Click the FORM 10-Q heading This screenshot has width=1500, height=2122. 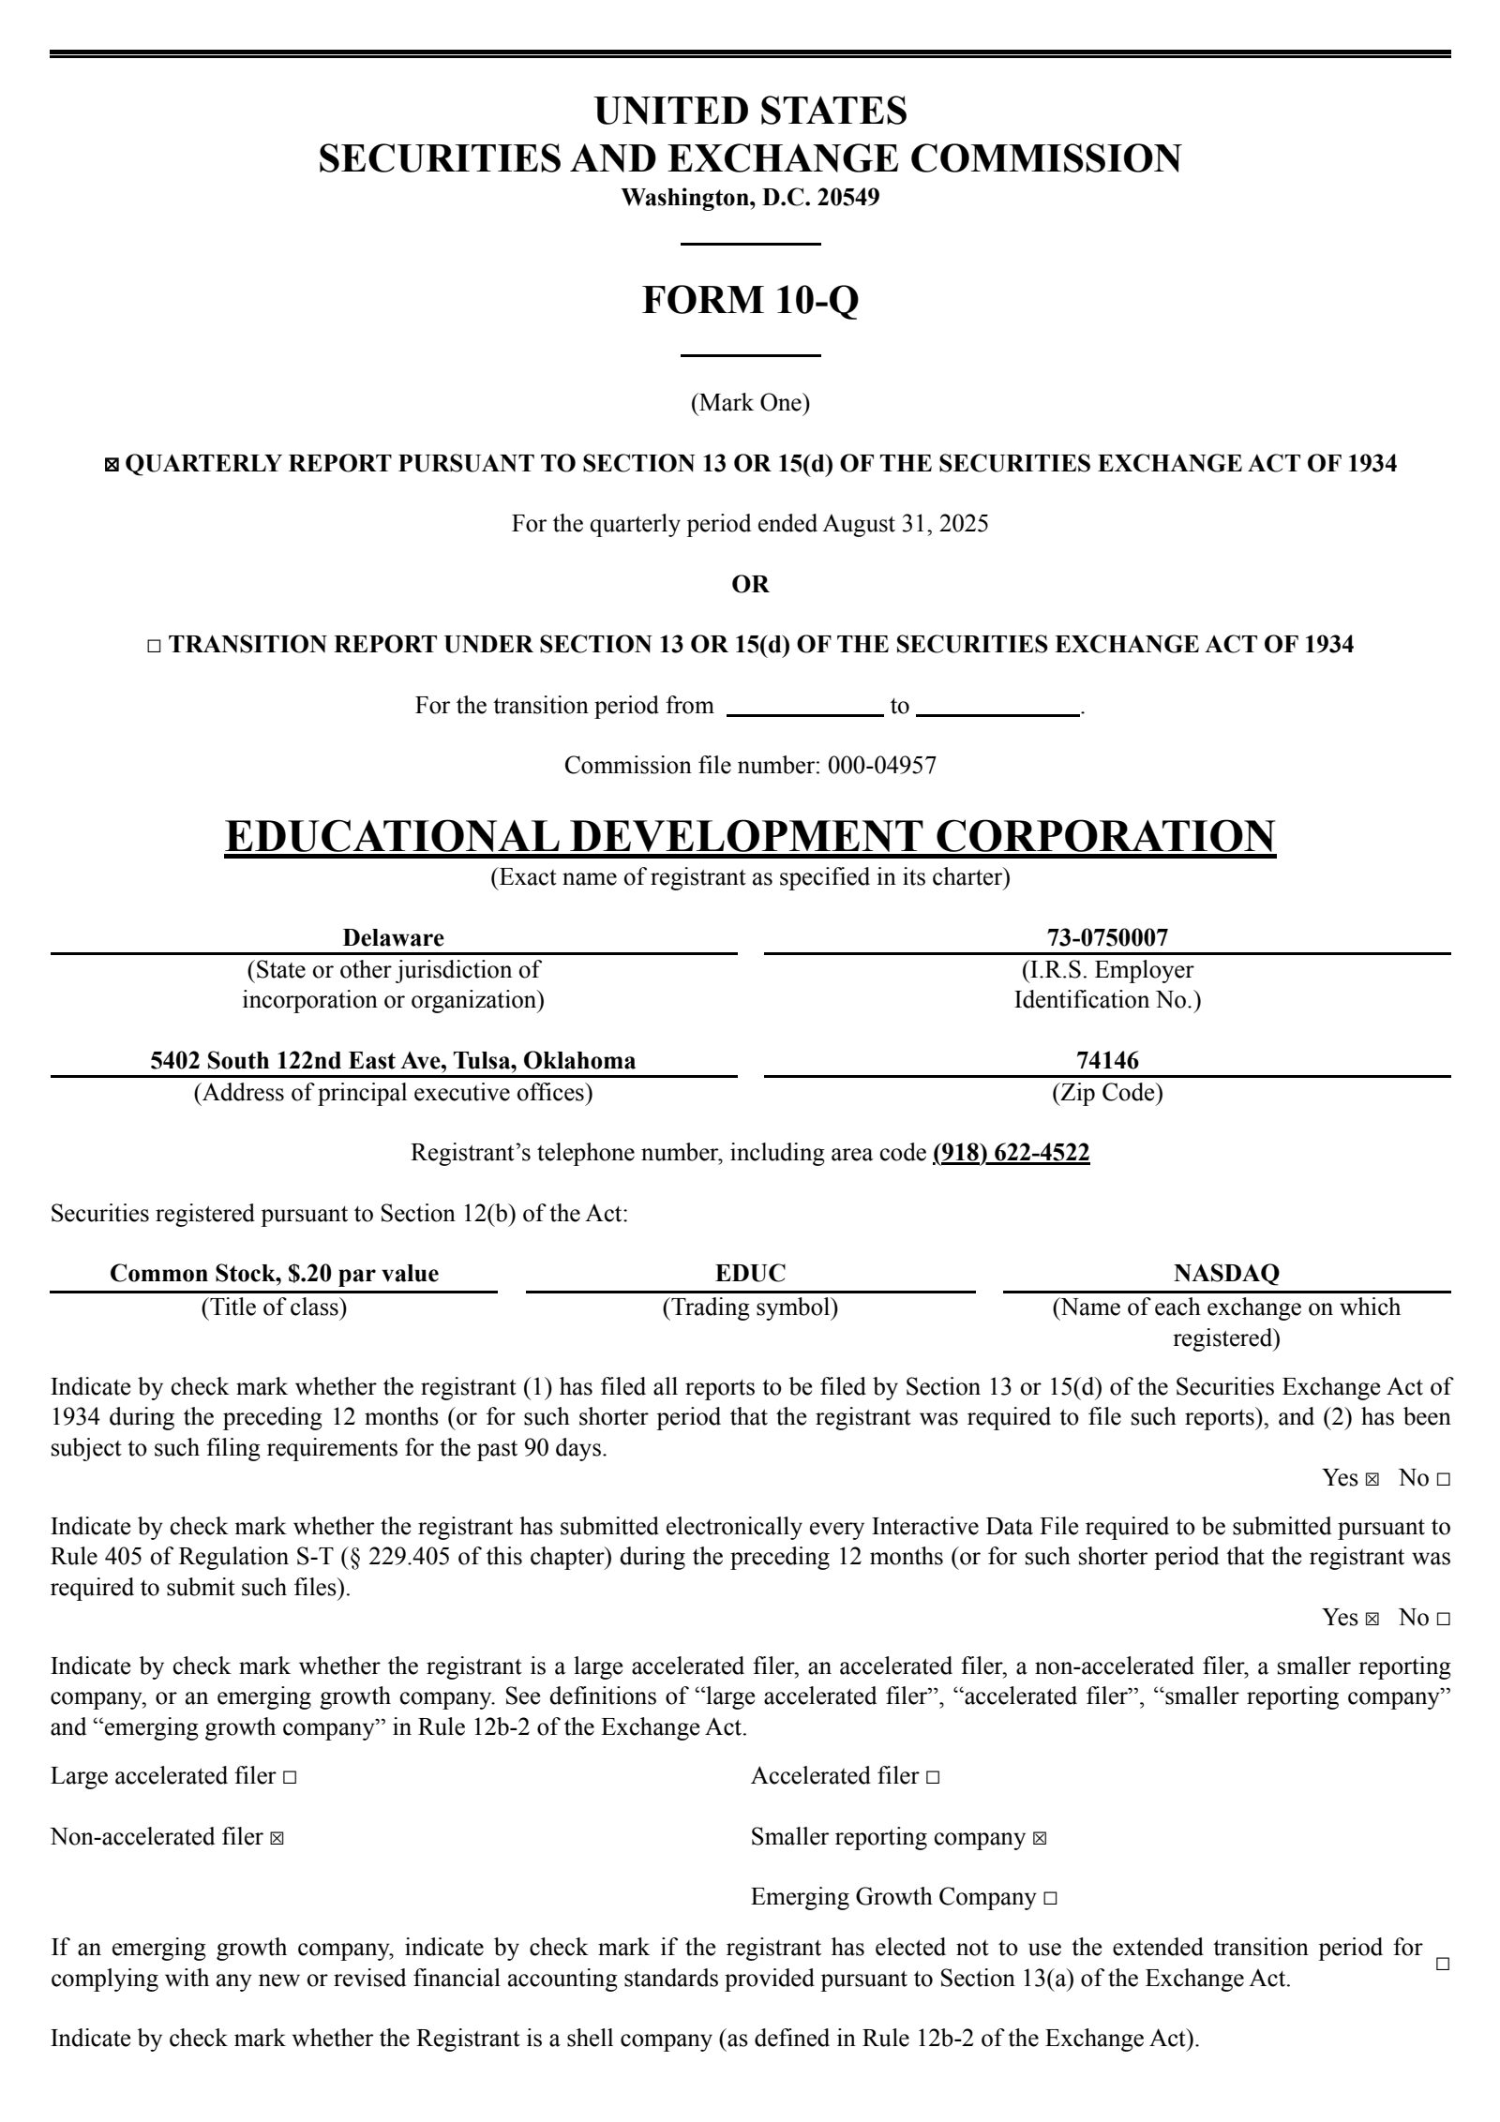tap(750, 300)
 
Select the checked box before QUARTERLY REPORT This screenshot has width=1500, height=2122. tap(112, 465)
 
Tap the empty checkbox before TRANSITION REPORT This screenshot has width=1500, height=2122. tap(155, 646)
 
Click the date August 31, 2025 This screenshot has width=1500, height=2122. tap(905, 523)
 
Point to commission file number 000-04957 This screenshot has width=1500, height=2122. tap(881, 766)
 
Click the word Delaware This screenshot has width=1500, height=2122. tap(393, 937)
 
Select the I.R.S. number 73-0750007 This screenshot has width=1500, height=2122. tap(1107, 937)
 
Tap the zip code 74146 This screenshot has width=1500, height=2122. tap(1107, 1060)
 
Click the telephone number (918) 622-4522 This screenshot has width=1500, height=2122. tap(1011, 1152)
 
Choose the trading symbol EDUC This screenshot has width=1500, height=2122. tap(750, 1273)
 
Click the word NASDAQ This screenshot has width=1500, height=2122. tap(1226, 1273)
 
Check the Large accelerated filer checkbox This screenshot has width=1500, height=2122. tap(290, 1777)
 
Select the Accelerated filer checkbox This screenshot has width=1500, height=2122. tap(932, 1777)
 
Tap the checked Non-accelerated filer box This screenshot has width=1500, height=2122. tap(277, 1838)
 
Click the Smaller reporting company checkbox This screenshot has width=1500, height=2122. tap(1039, 1838)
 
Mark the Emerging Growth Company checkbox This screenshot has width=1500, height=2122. tap(1050, 1898)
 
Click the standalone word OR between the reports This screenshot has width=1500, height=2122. tap(750, 584)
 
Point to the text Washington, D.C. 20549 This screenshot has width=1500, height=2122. tap(750, 198)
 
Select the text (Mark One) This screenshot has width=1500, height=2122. tap(750, 403)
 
